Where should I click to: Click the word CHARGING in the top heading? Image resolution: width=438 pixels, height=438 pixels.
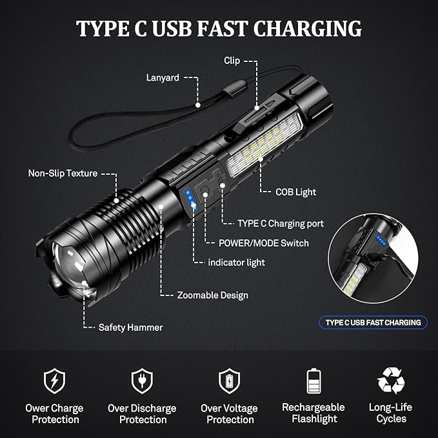(307, 29)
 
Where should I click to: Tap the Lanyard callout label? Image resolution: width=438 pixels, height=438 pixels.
(163, 77)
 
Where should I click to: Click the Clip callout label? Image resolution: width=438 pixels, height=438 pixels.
(232, 61)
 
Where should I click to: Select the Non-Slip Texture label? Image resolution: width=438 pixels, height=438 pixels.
(63, 173)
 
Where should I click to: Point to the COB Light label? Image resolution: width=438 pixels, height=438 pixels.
(295, 192)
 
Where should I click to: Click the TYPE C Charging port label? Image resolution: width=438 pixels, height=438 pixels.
(281, 223)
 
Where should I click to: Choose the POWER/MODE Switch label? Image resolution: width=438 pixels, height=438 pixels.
(264, 243)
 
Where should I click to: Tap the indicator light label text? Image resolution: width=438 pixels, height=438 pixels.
(236, 263)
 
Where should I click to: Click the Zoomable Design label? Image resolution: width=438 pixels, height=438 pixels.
(212, 295)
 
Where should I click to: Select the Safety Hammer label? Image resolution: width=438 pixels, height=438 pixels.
(130, 328)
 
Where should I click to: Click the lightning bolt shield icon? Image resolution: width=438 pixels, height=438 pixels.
(54, 381)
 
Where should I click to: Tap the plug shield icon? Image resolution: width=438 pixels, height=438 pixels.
(142, 381)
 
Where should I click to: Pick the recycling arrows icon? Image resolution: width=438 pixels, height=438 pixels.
(391, 381)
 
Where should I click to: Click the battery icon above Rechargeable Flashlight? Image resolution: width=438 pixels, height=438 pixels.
(314, 381)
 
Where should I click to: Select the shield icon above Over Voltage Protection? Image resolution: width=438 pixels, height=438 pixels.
(230, 381)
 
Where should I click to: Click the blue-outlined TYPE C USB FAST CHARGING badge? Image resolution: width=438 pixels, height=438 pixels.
(373, 323)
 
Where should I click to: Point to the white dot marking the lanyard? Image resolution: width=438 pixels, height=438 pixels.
(198, 105)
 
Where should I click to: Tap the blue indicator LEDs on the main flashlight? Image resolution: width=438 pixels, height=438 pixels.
(191, 200)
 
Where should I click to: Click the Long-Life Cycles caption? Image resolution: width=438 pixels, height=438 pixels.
(390, 413)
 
